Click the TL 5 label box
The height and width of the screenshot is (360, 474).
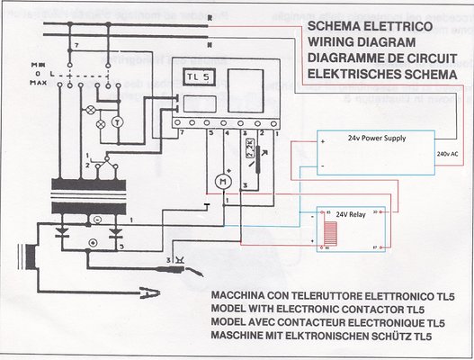coord(196,77)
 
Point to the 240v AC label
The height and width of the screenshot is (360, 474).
coord(447,155)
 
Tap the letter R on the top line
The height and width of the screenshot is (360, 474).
coord(209,17)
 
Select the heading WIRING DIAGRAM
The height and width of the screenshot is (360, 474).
coord(362,43)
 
